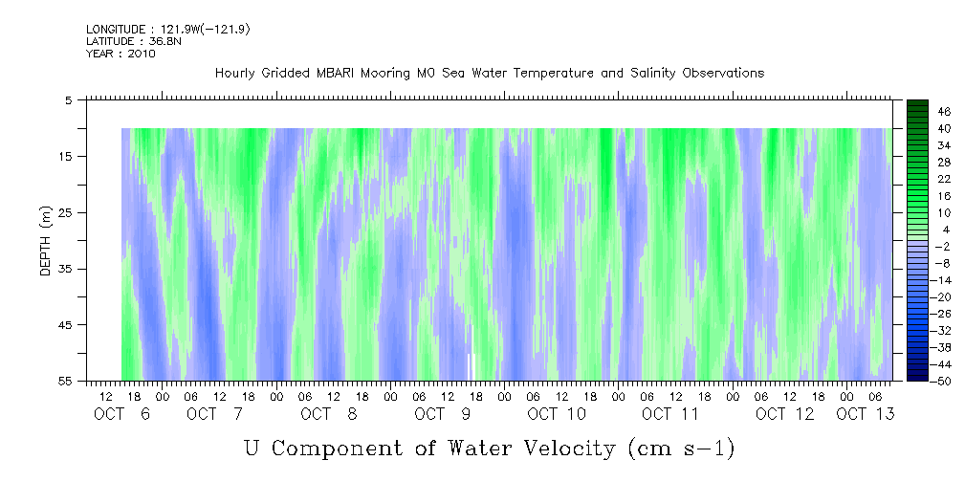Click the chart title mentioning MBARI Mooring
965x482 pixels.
pyautogui.click(x=489, y=74)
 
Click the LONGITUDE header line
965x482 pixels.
pyautogui.click(x=168, y=30)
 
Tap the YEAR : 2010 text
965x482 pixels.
pyautogui.click(x=121, y=54)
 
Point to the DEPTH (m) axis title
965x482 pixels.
pyautogui.click(x=46, y=245)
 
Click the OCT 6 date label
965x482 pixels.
pyautogui.click(x=121, y=414)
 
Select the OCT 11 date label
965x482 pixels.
pyautogui.click(x=670, y=414)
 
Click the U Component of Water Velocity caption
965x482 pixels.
pyautogui.click(x=489, y=447)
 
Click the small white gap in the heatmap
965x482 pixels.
pyautogui.click(x=471, y=366)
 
